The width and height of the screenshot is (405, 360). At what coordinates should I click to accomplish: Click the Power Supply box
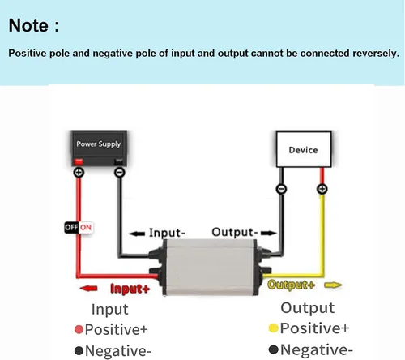point(99,148)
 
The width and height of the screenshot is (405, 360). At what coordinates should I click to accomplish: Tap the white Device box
point(304,149)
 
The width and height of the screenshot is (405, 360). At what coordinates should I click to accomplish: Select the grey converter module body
point(210,267)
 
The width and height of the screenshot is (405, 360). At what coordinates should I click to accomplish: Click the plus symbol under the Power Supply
point(79,172)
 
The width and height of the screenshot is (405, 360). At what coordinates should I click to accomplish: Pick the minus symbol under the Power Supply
point(120,172)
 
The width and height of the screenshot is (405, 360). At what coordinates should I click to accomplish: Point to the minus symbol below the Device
point(281,189)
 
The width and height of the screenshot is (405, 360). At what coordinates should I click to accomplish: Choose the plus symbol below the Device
point(322,189)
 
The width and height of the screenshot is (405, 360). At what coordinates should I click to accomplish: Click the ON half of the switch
point(86,227)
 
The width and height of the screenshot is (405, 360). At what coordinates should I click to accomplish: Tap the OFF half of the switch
point(71,227)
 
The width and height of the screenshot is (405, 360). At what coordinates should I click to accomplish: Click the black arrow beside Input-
point(137,234)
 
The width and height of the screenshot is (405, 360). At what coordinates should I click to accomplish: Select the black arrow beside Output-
point(269,233)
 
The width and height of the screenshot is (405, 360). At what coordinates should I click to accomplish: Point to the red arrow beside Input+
point(88,289)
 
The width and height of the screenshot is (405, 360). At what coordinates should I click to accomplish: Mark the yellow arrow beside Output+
point(333,285)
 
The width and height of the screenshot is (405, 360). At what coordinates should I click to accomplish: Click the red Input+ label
point(130,289)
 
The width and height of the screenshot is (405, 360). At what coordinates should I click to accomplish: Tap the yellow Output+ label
point(291,285)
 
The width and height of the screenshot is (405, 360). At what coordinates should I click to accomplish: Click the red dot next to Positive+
point(79,329)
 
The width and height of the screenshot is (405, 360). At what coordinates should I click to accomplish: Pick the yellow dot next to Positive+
point(274,328)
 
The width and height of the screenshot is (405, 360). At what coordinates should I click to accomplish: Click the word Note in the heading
point(28,25)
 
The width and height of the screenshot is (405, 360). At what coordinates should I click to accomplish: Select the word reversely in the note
point(376,54)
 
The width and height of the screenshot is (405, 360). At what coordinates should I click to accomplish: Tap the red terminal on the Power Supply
point(79,162)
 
